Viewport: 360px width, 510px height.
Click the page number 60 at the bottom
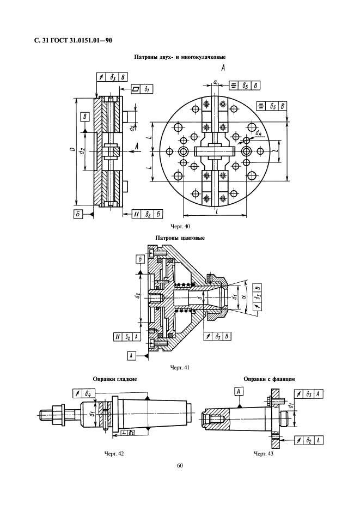pyautogui.click(x=180, y=465)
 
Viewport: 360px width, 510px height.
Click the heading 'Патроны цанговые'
pyautogui.click(x=180, y=238)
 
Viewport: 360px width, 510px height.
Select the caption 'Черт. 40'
pyautogui.click(x=180, y=226)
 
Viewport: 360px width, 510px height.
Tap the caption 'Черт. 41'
pyautogui.click(x=180, y=368)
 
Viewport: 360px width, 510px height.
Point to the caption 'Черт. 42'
pyautogui.click(x=114, y=453)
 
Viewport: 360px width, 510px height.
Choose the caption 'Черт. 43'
pyautogui.click(x=264, y=453)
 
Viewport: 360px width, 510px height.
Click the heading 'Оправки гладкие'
pyautogui.click(x=115, y=379)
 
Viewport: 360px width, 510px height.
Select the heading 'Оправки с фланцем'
pyautogui.click(x=269, y=379)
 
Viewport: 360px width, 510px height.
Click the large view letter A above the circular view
pyautogui.click(x=223, y=68)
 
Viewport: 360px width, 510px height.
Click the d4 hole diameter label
pyautogui.click(x=258, y=133)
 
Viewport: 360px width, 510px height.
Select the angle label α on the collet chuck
pyautogui.click(x=245, y=296)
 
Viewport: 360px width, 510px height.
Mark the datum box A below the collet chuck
pyautogui.click(x=131, y=356)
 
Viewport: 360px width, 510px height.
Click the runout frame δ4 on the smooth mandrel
pyautogui.click(x=83, y=393)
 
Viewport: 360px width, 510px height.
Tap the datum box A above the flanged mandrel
pyautogui.click(x=239, y=391)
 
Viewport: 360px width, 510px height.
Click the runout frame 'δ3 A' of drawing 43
pyautogui.click(x=309, y=394)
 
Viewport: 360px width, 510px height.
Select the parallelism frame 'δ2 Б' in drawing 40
pyautogui.click(x=147, y=214)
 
